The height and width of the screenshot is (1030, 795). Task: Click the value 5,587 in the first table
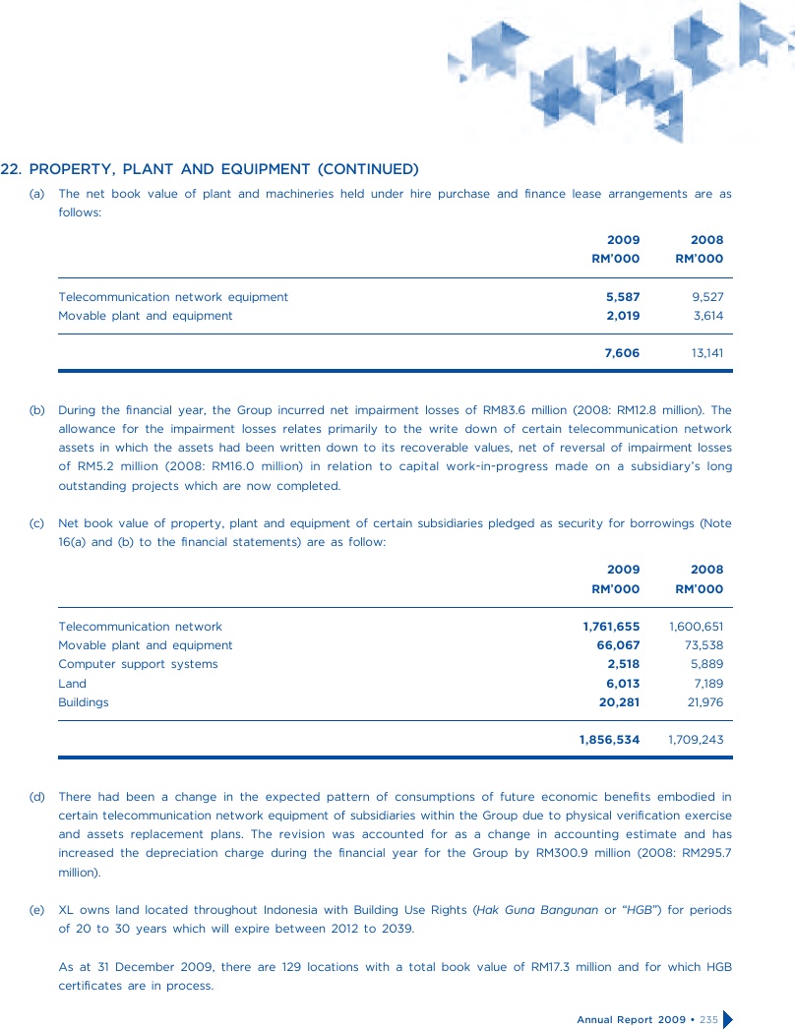tap(622, 296)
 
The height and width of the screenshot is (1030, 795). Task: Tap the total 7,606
tap(622, 352)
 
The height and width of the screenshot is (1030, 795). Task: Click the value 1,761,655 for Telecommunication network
tap(611, 627)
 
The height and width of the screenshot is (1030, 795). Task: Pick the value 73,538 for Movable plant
tap(703, 645)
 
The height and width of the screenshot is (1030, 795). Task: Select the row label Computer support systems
tap(138, 664)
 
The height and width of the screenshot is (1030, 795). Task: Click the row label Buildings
tap(84, 702)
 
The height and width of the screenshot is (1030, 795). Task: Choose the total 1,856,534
tap(609, 739)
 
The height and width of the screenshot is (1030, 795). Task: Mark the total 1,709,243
tap(696, 739)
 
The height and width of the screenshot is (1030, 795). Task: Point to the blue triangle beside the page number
tap(729, 1018)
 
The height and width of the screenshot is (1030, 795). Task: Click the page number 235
tap(708, 1018)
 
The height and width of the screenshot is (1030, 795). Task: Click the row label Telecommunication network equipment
tap(173, 296)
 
